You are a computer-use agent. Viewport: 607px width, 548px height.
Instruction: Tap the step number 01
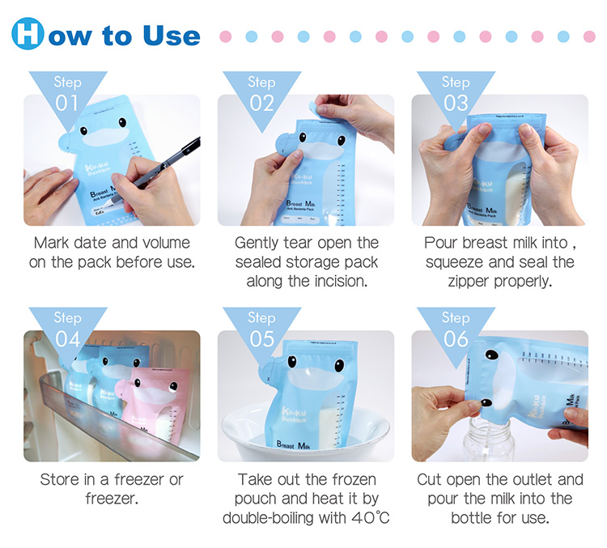click(x=68, y=103)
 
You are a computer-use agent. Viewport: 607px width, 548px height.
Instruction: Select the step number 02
click(x=261, y=103)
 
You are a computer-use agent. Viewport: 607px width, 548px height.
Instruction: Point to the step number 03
click(x=456, y=103)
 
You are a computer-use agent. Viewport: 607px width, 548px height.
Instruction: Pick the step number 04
click(x=68, y=338)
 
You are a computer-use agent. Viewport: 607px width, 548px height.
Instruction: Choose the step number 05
click(x=261, y=338)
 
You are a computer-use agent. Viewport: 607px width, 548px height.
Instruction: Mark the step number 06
click(x=456, y=338)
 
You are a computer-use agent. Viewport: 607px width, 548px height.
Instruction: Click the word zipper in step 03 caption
click(x=473, y=282)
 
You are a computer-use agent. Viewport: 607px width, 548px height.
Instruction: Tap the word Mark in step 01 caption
click(x=55, y=243)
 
